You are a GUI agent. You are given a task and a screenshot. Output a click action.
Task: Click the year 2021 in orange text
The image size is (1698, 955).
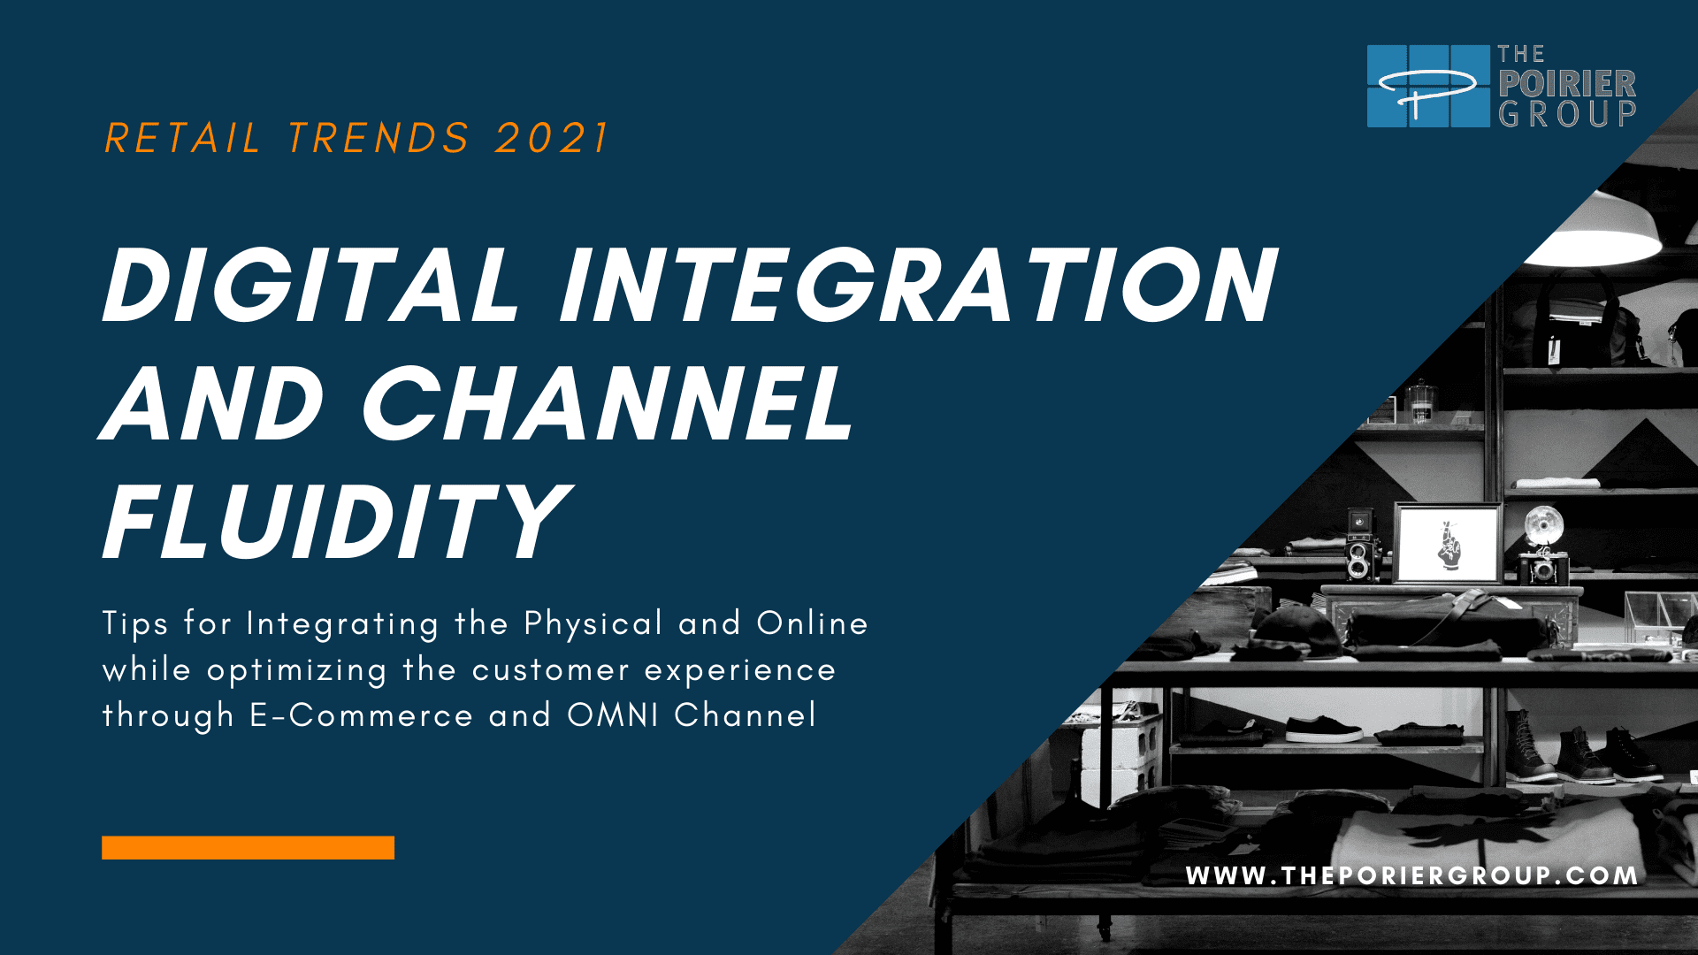pyautogui.click(x=552, y=139)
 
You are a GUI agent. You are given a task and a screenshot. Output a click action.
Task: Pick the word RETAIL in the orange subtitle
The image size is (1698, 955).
pyautogui.click(x=182, y=139)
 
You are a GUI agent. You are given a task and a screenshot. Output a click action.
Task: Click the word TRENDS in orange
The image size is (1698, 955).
pyautogui.click(x=379, y=139)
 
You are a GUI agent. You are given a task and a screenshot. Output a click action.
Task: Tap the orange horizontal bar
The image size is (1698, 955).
pyautogui.click(x=248, y=847)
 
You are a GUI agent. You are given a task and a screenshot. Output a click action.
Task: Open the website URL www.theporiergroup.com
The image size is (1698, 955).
pyautogui.click(x=1412, y=875)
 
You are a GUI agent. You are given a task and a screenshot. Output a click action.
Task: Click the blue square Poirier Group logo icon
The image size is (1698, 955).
pyautogui.click(x=1428, y=86)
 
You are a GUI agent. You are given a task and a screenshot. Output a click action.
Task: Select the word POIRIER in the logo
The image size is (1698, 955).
pyautogui.click(x=1567, y=84)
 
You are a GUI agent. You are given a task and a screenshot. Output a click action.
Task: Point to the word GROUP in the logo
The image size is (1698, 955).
pyautogui.click(x=1567, y=114)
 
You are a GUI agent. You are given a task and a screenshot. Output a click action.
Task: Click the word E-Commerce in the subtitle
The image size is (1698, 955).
pyautogui.click(x=362, y=715)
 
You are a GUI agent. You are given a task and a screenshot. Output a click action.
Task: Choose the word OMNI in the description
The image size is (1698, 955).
pyautogui.click(x=613, y=715)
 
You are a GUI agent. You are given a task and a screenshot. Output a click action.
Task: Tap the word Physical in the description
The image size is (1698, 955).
pyautogui.click(x=593, y=624)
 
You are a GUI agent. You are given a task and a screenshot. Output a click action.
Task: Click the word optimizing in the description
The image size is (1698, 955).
pyautogui.click(x=296, y=671)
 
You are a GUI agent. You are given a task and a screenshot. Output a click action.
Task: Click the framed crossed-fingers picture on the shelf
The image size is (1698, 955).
pyautogui.click(x=1448, y=543)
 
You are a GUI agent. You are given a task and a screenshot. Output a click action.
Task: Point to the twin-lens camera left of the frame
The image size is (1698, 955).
pyautogui.click(x=1359, y=546)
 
